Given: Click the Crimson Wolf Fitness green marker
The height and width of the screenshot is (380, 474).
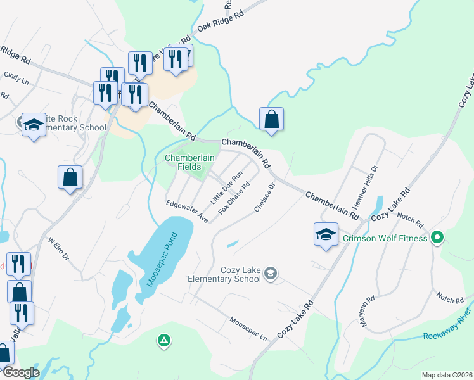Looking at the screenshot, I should (437, 238).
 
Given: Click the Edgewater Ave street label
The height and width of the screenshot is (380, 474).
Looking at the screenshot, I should (188, 212).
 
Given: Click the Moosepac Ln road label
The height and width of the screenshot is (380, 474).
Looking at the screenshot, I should (249, 329).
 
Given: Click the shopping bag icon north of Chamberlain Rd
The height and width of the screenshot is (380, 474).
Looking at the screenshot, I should (271, 120).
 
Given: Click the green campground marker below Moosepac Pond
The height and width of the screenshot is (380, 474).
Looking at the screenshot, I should (164, 341).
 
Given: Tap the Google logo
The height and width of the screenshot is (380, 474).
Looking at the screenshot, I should (20, 372).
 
